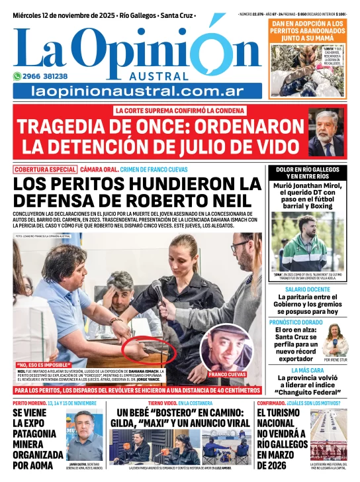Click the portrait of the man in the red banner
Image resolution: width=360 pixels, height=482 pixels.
[326, 132]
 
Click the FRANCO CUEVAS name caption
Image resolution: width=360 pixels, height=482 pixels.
[227, 374]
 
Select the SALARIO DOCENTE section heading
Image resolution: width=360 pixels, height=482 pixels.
[307, 289]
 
